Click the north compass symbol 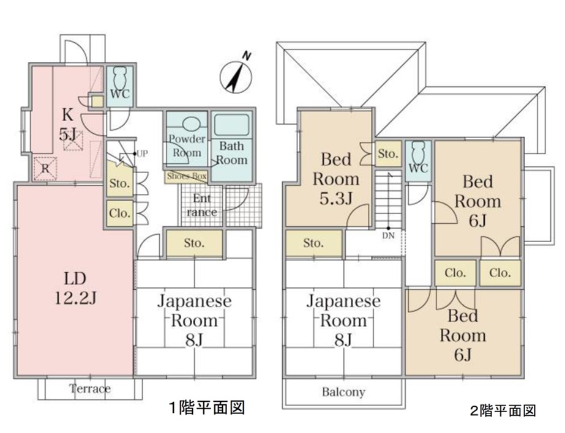pyautogui.click(x=236, y=76)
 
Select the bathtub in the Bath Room pyautogui.click(x=232, y=125)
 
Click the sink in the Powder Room pyautogui.click(x=190, y=124)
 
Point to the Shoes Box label pyautogui.click(x=187, y=176)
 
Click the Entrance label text pyautogui.click(x=201, y=205)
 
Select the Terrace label pyautogui.click(x=90, y=389)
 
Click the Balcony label pyautogui.click(x=343, y=392)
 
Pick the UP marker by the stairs pyautogui.click(x=141, y=154)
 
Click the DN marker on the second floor pyautogui.click(x=389, y=235)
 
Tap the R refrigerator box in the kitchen pyautogui.click(x=45, y=168)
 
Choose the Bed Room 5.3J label pyautogui.click(x=336, y=179)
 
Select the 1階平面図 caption pyautogui.click(x=207, y=408)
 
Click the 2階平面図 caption pyautogui.click(x=503, y=411)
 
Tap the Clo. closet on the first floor pyautogui.click(x=119, y=213)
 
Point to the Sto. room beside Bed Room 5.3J pyautogui.click(x=388, y=154)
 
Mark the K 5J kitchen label pyautogui.click(x=67, y=125)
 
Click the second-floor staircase pyautogui.click(x=389, y=199)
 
